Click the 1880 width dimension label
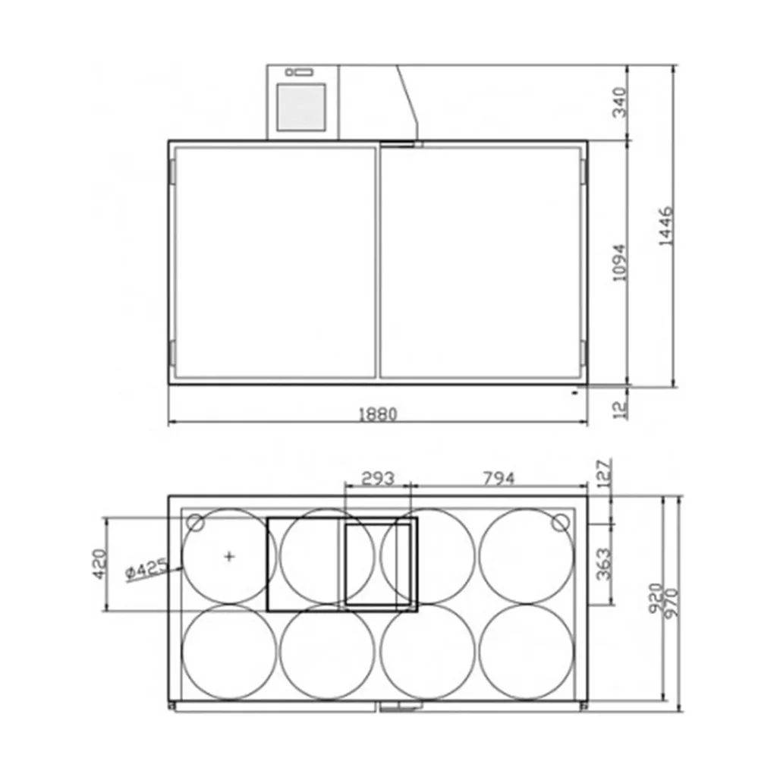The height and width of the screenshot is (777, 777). [378, 414]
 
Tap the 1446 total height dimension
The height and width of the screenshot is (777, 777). [665, 225]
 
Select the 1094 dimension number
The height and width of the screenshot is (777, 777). [619, 263]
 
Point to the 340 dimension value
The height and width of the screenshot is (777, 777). [619, 102]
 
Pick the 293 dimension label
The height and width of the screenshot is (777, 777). [378, 479]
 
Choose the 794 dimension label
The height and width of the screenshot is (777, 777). [499, 479]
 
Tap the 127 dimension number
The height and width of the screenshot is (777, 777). [605, 473]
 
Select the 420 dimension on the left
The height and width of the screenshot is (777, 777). [99, 564]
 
